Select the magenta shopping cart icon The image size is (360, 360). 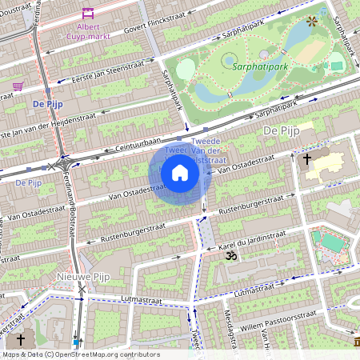(x=18, y=86)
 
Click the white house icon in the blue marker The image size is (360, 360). (x=180, y=173)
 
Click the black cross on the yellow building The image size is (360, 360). (x=306, y=159)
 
